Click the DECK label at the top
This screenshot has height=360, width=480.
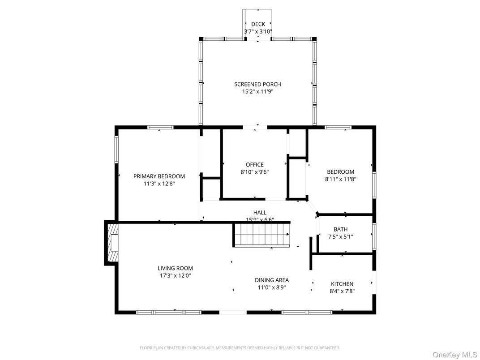pos(258,24)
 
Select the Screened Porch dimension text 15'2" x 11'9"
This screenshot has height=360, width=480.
pos(258,91)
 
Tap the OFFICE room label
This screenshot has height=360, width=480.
pos(255,164)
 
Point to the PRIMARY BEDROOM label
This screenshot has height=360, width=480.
pos(159,176)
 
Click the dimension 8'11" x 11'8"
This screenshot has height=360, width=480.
pos(340,179)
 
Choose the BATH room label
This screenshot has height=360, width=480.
pos(340,229)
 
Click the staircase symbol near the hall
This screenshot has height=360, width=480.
pos(261,235)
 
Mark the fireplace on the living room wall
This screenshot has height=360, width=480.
pos(112,243)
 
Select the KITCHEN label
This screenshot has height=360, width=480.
pos(342,284)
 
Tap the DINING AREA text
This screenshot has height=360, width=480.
pos(272,280)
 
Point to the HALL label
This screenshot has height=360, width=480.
pos(260,212)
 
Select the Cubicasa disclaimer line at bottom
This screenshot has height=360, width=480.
pos(240,347)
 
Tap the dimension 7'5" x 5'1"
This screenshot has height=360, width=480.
pos(340,236)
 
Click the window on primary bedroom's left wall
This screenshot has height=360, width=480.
pos(116,149)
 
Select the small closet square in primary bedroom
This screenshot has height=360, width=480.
pos(211,189)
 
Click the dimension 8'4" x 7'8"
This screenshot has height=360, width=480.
pos(342,291)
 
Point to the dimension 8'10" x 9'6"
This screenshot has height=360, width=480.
pos(255,171)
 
